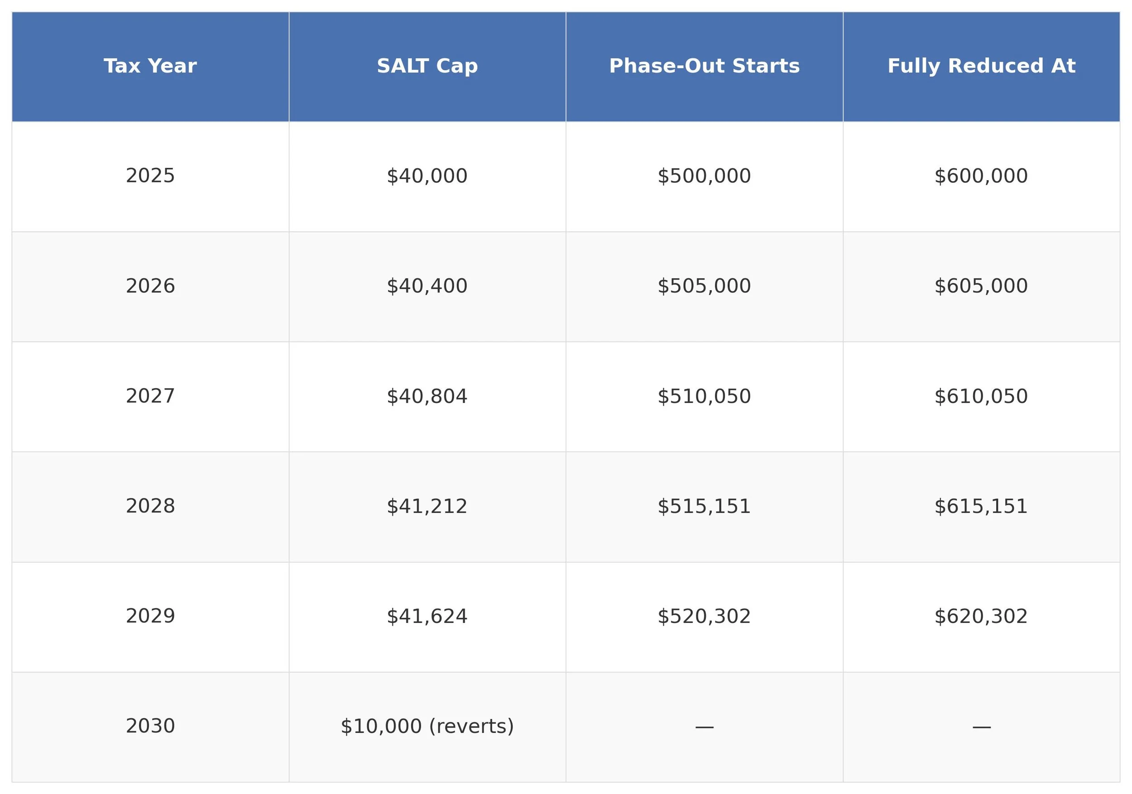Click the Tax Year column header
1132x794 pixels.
click(150, 66)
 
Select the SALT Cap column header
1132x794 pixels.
click(427, 66)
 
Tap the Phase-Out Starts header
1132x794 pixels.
click(704, 66)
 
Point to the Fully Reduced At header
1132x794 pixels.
click(981, 66)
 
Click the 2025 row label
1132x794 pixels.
click(150, 176)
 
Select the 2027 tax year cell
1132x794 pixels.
click(150, 396)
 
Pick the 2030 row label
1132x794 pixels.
click(150, 726)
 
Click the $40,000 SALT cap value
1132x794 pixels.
click(427, 176)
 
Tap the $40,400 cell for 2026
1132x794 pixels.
click(427, 286)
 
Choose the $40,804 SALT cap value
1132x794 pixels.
click(427, 396)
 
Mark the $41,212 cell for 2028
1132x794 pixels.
click(427, 506)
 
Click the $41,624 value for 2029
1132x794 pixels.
click(427, 616)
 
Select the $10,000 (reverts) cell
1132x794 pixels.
click(427, 726)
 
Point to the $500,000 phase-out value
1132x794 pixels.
click(704, 176)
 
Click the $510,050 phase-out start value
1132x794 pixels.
click(704, 396)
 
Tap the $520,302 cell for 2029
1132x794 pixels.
click(704, 616)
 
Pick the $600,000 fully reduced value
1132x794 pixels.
click(981, 176)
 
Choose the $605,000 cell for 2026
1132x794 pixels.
click(981, 286)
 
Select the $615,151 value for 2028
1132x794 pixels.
click(981, 506)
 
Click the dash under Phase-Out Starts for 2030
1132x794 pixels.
click(704, 727)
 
